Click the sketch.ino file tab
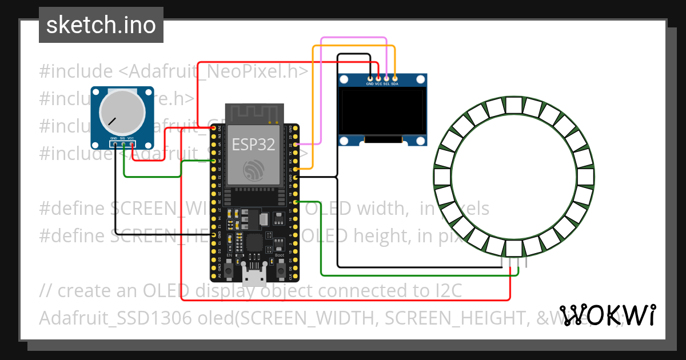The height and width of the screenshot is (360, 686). pos(101,25)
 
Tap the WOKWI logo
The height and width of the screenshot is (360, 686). pos(608,315)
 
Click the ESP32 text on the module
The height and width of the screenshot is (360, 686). pos(253,145)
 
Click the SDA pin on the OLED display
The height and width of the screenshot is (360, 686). pos(394,78)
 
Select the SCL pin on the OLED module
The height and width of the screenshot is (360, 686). pos(386,78)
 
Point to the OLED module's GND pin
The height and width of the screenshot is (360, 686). pos(370,78)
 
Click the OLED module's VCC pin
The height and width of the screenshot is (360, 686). pos(378,78)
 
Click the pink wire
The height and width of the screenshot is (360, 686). pos(354,38)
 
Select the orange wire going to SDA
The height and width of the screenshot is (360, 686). pos(312,103)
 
